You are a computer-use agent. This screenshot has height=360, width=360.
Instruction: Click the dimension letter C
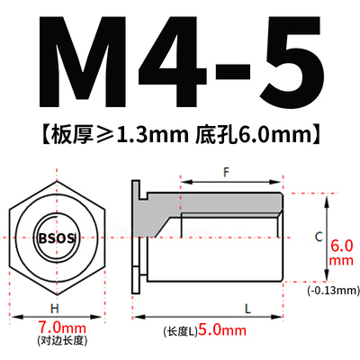coord(318,236)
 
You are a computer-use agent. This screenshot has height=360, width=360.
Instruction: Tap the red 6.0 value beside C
coord(342,244)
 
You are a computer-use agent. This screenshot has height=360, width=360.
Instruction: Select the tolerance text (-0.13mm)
coord(333,290)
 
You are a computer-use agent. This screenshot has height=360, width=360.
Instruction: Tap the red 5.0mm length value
coord(221,330)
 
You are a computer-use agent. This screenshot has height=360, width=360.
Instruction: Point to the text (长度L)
coord(179,331)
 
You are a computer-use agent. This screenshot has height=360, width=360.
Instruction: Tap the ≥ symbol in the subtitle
coord(104,136)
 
